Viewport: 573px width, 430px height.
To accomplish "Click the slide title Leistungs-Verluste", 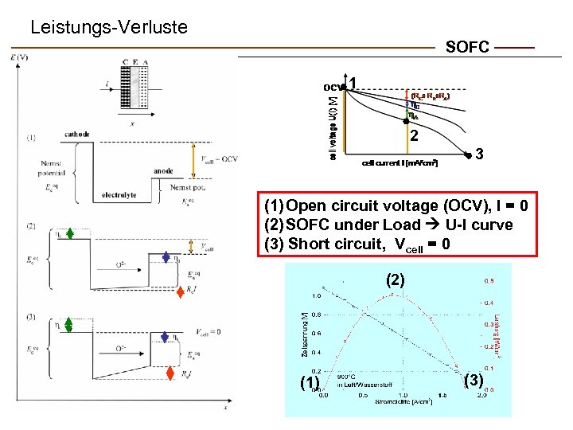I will (108, 28).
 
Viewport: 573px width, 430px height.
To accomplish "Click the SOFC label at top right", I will (467, 48).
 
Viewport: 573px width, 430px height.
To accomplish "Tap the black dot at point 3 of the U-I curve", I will (467, 154).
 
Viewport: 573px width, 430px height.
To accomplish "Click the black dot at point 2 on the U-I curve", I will (406, 122).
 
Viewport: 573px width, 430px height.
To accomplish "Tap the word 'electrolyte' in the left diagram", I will (119, 194).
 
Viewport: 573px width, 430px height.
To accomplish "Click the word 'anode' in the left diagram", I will (163, 170).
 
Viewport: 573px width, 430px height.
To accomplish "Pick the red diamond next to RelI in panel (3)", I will (170, 373).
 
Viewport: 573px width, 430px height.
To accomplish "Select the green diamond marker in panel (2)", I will (71, 233).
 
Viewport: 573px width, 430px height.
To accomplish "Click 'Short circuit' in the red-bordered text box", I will (329, 243).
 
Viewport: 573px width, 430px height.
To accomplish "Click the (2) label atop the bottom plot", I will (396, 280).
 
